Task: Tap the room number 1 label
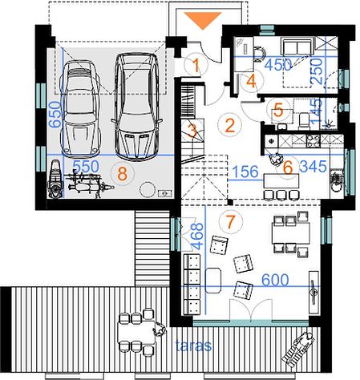click(x=196, y=65)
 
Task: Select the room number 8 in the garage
click(x=122, y=174)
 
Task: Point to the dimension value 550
click(x=86, y=167)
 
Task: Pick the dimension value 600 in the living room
click(x=275, y=280)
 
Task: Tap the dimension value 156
click(x=245, y=172)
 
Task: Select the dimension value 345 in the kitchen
click(x=313, y=167)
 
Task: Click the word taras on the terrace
click(x=193, y=346)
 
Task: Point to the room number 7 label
click(x=230, y=221)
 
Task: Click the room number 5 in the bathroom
click(x=278, y=111)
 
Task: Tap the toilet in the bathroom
click(x=304, y=120)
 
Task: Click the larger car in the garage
click(x=136, y=107)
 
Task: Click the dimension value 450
click(x=278, y=65)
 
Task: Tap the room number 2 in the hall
click(x=230, y=126)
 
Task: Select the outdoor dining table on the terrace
click(x=136, y=332)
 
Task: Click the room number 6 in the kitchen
click(x=288, y=168)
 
